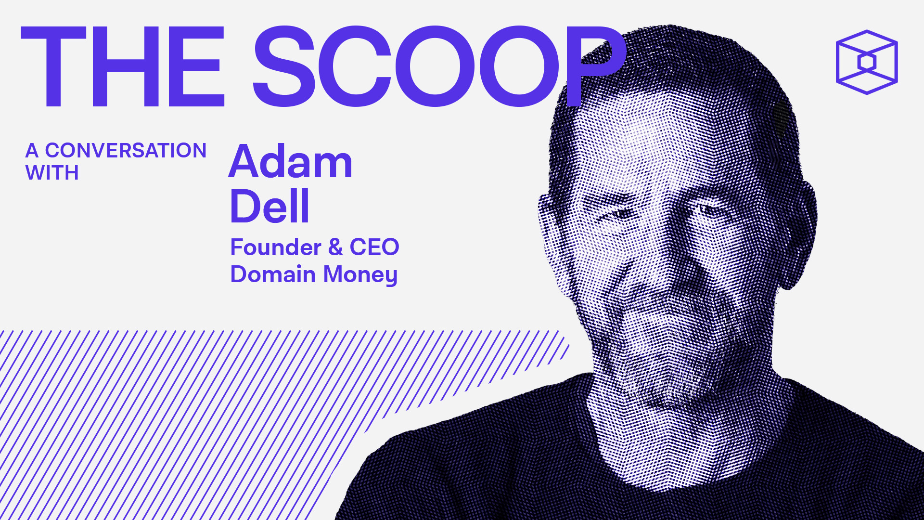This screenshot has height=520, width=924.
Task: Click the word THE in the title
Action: [x=123, y=66]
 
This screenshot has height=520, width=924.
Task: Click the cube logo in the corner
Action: [x=867, y=62]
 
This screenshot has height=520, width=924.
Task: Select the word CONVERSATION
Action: [x=126, y=151]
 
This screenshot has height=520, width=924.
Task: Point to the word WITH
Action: [x=52, y=173]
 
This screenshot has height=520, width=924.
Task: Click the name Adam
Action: [x=291, y=162]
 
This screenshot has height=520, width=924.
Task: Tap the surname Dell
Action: [x=269, y=206]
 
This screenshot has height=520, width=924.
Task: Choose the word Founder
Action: [x=276, y=247]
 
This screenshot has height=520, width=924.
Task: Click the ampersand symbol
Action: [x=335, y=247]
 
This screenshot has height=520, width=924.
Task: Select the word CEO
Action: [x=374, y=247]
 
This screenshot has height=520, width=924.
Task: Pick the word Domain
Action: [x=273, y=274]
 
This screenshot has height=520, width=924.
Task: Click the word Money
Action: [x=360, y=275]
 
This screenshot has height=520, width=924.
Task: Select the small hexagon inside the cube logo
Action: [x=867, y=62]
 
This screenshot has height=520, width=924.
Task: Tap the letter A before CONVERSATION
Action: [x=32, y=151]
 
